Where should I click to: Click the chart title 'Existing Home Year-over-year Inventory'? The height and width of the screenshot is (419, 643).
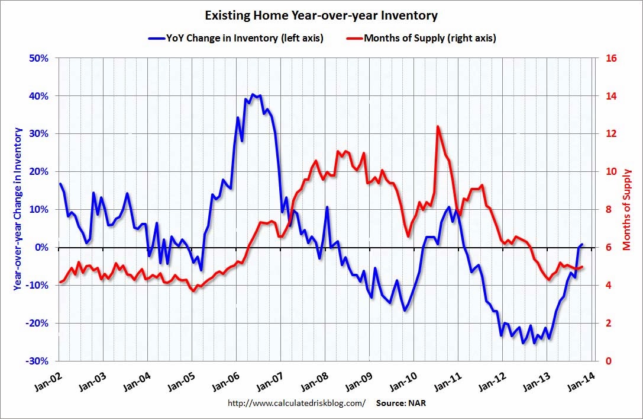321,14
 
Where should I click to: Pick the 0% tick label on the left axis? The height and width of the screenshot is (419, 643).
41,247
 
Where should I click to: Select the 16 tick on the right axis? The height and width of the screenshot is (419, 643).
610,58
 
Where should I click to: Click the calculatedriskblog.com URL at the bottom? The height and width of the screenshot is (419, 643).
296,403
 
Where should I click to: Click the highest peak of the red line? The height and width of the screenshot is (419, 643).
437,126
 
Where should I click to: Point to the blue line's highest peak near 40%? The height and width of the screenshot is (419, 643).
253,94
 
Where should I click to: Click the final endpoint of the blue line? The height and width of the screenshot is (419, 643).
582,244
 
